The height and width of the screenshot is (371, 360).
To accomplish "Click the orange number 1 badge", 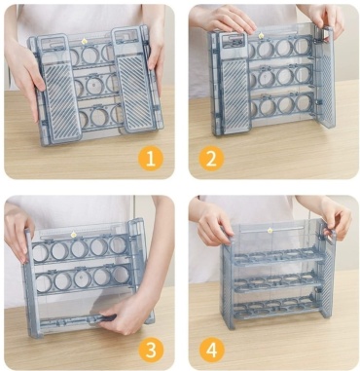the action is (x=151, y=159).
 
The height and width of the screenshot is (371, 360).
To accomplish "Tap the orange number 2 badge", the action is (x=211, y=159).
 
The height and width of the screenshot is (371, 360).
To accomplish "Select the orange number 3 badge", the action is (x=151, y=351).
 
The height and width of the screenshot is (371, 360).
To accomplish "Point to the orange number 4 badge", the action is (x=212, y=351).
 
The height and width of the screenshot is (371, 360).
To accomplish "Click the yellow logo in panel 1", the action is (x=84, y=41).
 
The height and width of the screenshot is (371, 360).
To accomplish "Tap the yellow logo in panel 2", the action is (x=260, y=35).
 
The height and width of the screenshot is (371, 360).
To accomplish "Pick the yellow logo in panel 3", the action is (x=74, y=235).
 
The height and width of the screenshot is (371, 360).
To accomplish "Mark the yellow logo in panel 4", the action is (x=270, y=230).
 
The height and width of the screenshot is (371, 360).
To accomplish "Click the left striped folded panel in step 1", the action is (x=58, y=89).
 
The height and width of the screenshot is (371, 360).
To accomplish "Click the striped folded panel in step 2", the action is (x=234, y=84).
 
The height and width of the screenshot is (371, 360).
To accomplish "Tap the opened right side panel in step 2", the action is (x=323, y=77).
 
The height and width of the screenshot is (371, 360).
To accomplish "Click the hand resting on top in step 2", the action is (x=224, y=19).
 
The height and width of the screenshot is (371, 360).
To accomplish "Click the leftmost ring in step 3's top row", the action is (x=40, y=253).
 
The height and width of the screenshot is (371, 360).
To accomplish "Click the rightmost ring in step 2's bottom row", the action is (x=304, y=103).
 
